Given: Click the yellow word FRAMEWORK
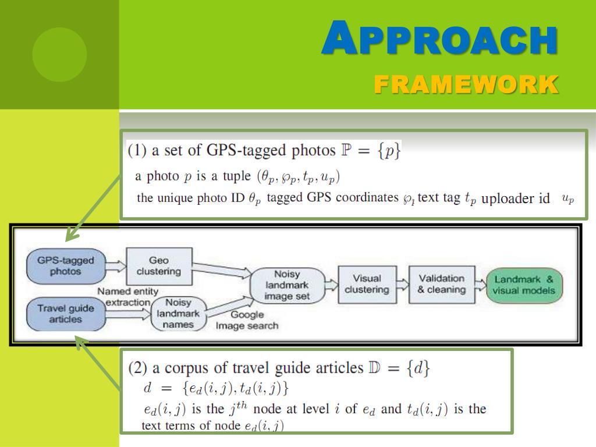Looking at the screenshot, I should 466,84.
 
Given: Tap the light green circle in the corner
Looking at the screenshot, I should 59,55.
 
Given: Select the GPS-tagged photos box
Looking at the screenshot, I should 66,266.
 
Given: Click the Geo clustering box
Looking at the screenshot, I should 158,266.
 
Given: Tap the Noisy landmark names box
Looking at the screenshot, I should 178,314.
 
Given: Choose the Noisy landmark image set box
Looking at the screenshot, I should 287,285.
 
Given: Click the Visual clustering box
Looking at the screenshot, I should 367,284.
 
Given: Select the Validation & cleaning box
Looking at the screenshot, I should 442,284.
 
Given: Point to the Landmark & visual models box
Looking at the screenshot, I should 524,285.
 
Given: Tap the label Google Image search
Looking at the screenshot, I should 247,320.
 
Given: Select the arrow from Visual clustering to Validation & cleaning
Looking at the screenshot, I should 402,285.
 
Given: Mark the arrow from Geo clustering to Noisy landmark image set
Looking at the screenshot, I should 221,274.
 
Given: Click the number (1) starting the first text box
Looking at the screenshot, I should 137,151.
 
